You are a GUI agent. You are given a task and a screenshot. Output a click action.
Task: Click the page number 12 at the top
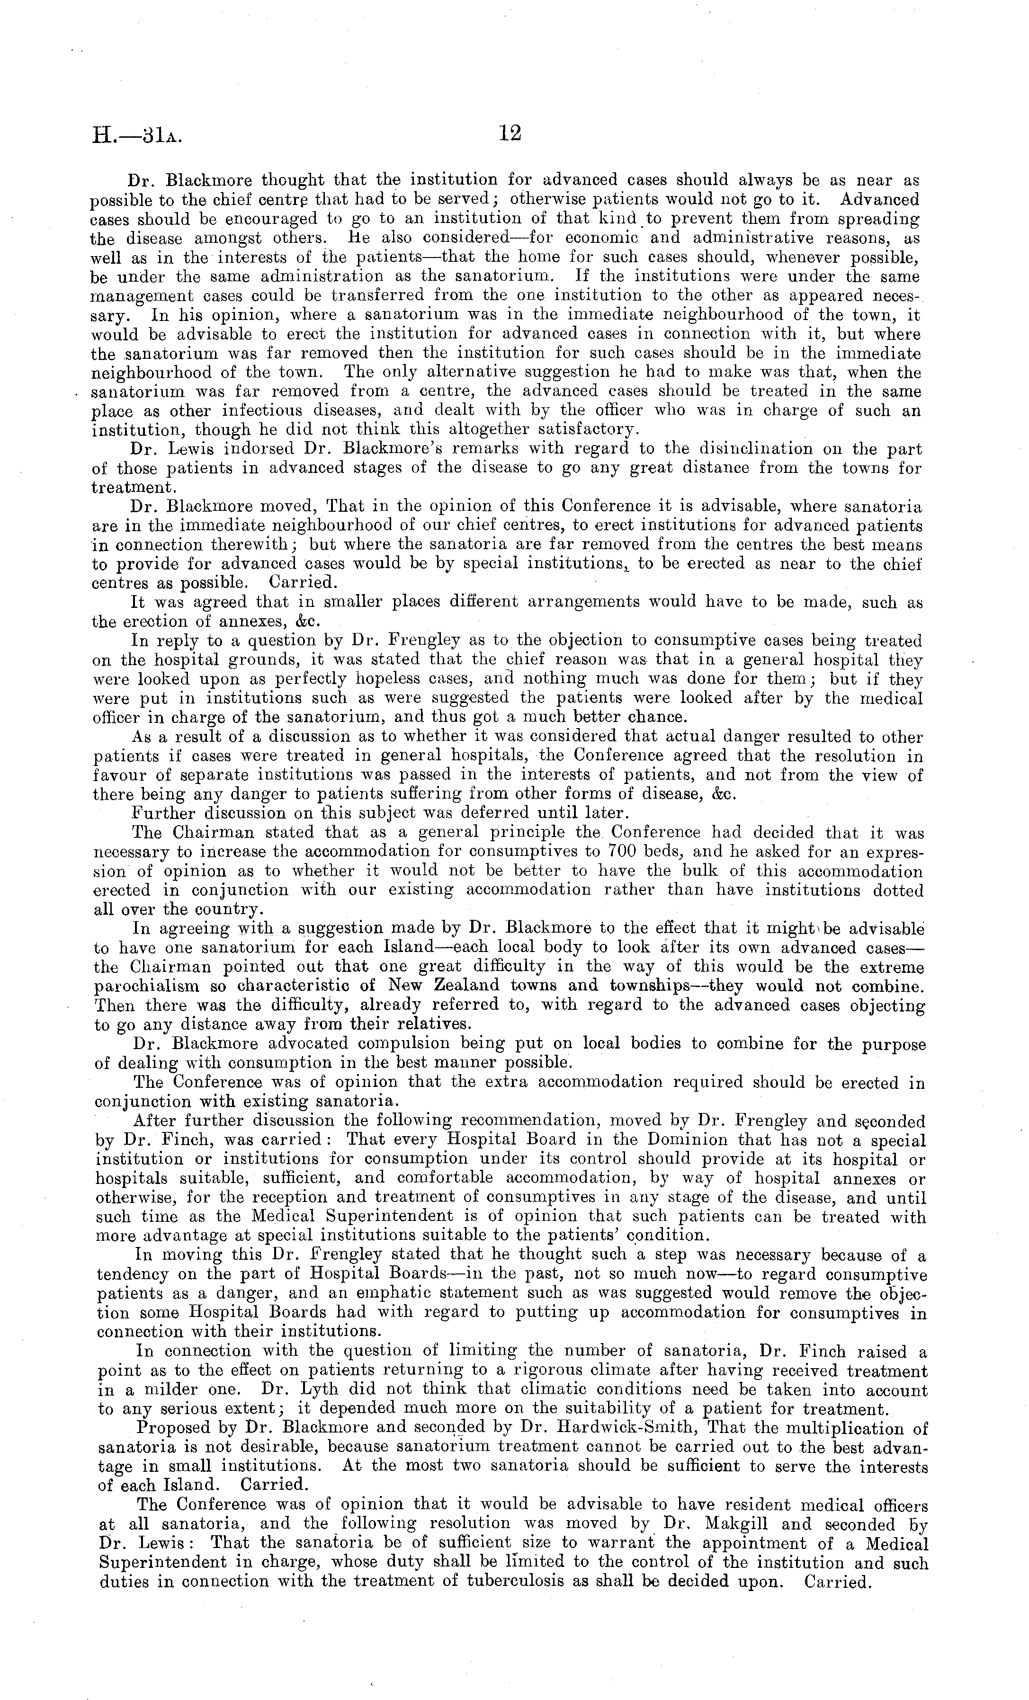pyautogui.click(x=510, y=133)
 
